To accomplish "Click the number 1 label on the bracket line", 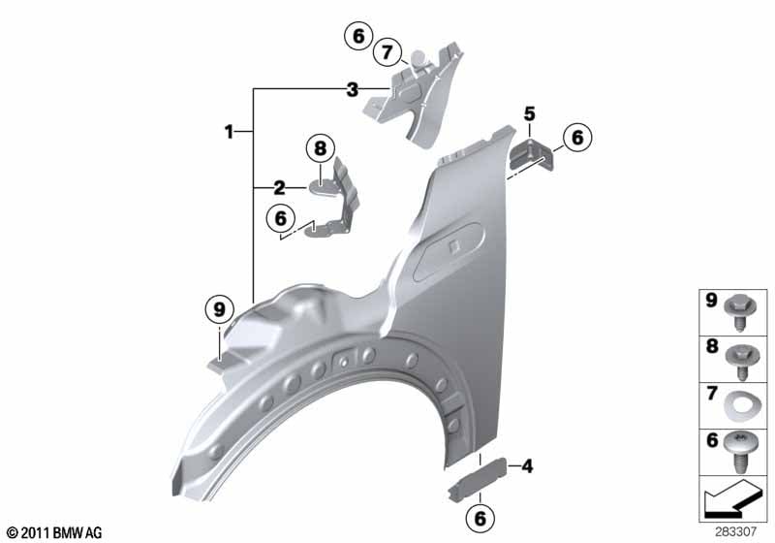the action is (x=229, y=132).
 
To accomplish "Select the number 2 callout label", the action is (x=279, y=188).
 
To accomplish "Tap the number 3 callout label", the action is (x=352, y=90).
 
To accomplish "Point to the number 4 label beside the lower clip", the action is (x=527, y=465).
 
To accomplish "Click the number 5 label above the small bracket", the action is (x=529, y=113).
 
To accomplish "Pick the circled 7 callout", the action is (x=387, y=52).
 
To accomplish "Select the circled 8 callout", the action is (x=321, y=147).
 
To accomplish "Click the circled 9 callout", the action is (x=219, y=309).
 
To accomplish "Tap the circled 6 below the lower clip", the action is (x=480, y=518).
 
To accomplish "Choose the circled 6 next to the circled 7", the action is (x=358, y=36).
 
